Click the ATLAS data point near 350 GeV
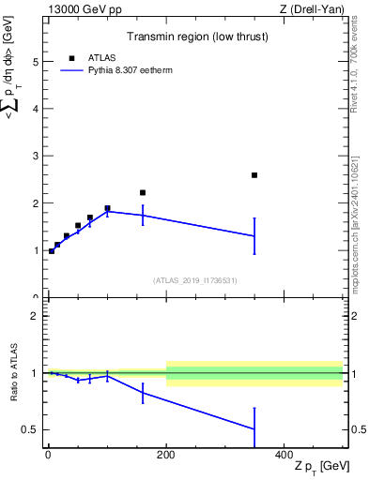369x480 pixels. pyautogui.click(x=254, y=175)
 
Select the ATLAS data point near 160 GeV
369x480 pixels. pyautogui.click(x=143, y=192)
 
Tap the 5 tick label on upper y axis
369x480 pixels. pyautogui.click(x=36, y=62)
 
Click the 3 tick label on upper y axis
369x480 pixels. pyautogui.click(x=36, y=157)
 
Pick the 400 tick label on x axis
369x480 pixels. pyautogui.click(x=284, y=454)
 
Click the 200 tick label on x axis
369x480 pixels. pyautogui.click(x=166, y=454)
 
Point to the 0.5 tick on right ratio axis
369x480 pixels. pyautogui.click(x=359, y=430)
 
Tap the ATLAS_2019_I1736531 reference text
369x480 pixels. pyautogui.click(x=194, y=280)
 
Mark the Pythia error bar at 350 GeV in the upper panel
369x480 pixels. pyautogui.click(x=254, y=235)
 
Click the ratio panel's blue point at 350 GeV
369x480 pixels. pyautogui.click(x=254, y=429)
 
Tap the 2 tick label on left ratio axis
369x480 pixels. pyautogui.click(x=36, y=316)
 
